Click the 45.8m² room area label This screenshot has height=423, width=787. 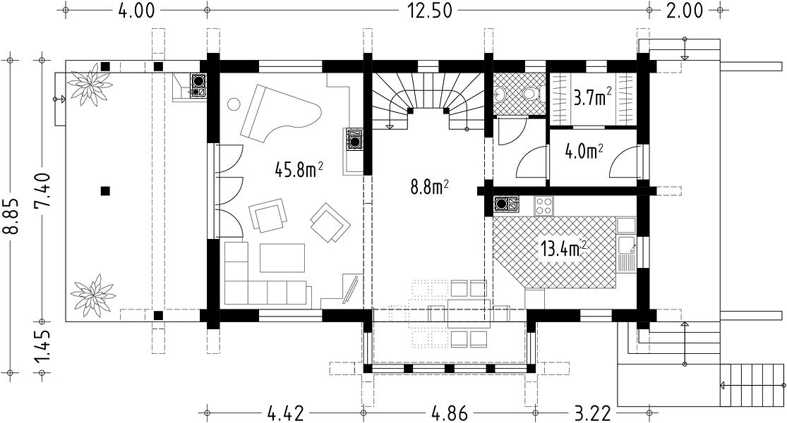click(299, 169)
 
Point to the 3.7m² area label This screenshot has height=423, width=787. click(593, 97)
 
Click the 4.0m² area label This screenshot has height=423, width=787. click(584, 151)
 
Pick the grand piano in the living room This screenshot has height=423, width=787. click(281, 114)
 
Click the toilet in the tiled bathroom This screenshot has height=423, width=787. click(531, 94)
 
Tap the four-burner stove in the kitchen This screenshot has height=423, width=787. click(543, 205)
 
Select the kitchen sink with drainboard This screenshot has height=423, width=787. click(627, 252)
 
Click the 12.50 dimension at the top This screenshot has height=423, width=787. click(429, 11)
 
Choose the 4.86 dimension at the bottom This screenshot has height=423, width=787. click(449, 413)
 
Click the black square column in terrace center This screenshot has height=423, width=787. click(105, 190)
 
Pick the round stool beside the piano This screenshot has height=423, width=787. click(234, 104)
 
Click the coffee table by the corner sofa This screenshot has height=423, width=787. click(282, 257)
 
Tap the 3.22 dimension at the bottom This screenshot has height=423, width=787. click(593, 413)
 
